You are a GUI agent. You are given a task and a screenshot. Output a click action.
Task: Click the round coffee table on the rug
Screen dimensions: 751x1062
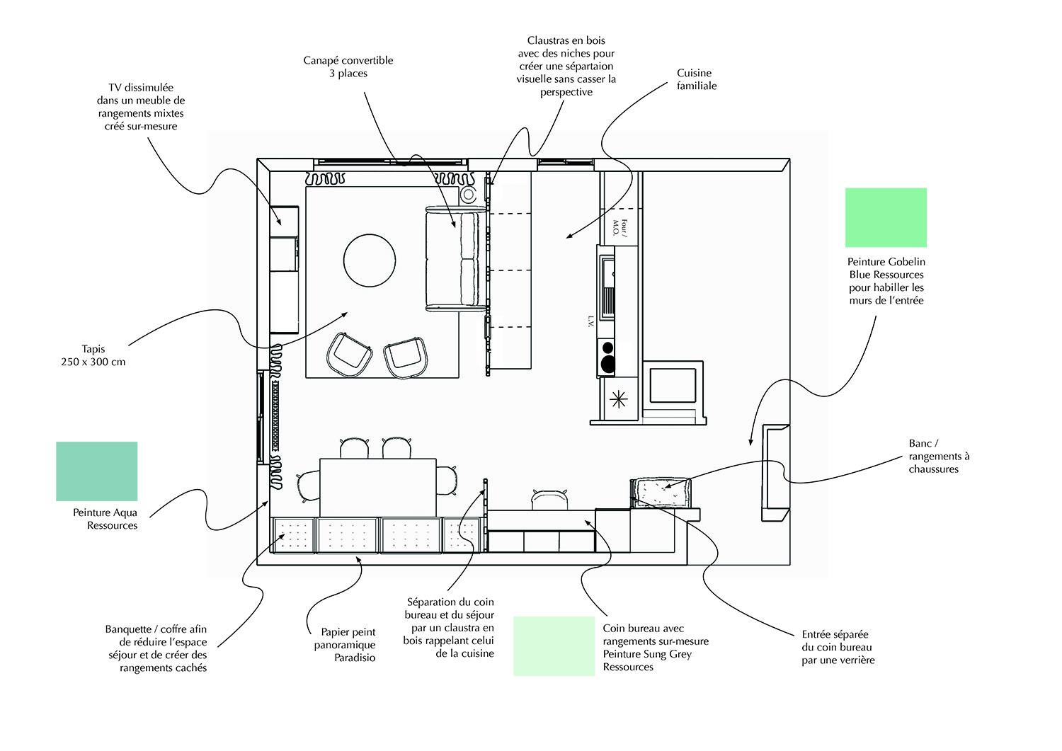370,260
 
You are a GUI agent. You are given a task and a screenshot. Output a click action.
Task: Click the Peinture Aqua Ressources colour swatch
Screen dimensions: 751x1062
96,471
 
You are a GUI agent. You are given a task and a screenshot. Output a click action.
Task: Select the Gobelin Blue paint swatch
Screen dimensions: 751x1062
886,217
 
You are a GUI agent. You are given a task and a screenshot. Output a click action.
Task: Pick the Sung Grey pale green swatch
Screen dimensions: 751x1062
554,646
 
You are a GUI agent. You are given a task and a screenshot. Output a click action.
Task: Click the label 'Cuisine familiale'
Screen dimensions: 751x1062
696,79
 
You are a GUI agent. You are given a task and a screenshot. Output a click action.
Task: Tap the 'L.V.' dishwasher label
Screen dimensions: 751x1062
590,321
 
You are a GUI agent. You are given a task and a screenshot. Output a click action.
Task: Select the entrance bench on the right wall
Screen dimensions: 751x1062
775,472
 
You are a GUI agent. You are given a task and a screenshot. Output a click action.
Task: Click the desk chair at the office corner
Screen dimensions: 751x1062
549,499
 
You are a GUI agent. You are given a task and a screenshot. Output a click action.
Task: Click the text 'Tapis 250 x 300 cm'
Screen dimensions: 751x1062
93,355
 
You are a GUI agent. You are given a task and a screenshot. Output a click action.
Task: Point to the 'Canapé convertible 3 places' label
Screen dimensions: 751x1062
348,67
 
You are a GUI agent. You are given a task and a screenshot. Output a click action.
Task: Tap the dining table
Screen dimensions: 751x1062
377,487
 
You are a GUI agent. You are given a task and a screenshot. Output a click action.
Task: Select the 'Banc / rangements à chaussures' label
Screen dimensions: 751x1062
939,456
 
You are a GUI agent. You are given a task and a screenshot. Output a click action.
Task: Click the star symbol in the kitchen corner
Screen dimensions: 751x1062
618,400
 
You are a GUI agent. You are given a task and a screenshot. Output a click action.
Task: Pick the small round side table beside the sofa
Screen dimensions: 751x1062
468,195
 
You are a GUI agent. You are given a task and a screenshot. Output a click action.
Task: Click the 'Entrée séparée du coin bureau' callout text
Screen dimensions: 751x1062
838,647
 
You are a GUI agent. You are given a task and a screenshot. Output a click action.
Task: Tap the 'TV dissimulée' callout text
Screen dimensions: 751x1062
141,107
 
